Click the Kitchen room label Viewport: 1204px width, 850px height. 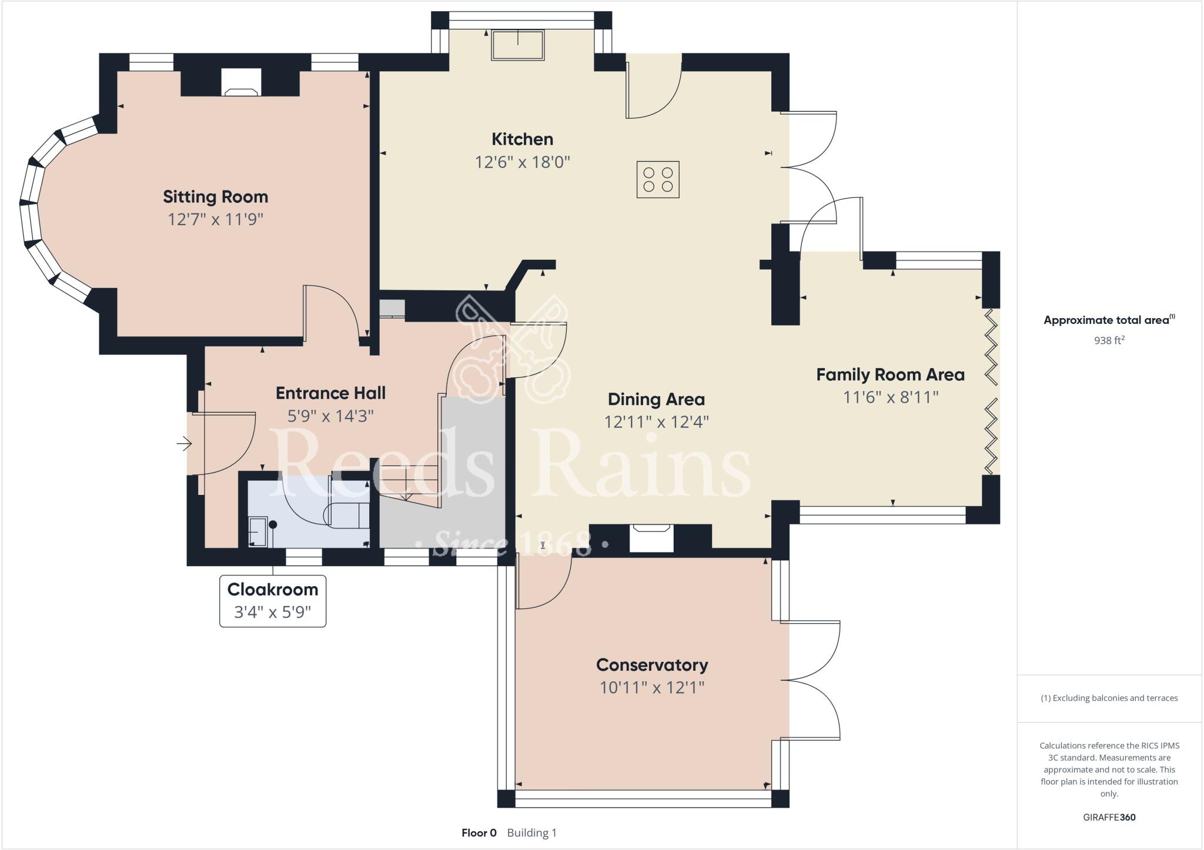click(x=522, y=139)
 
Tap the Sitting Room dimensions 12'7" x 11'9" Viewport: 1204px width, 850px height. click(x=215, y=219)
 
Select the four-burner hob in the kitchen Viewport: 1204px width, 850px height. click(x=658, y=179)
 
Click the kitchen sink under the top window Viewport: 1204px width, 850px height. click(x=518, y=45)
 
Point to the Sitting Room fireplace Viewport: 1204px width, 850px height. click(x=240, y=83)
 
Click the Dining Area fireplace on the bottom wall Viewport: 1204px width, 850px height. click(x=651, y=538)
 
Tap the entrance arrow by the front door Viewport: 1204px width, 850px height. click(x=185, y=443)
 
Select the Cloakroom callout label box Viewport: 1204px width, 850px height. click(x=273, y=601)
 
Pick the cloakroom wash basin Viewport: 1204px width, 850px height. click(x=257, y=532)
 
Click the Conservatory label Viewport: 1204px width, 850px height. click(x=652, y=665)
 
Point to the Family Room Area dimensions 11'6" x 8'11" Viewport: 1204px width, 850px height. click(x=891, y=397)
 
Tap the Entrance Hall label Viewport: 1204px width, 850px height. click(x=331, y=393)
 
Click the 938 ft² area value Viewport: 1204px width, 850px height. click(x=1109, y=340)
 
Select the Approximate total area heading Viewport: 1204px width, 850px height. click(x=1109, y=320)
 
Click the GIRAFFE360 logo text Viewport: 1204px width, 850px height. click(x=1109, y=817)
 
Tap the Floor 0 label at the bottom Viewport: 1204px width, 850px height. click(x=479, y=833)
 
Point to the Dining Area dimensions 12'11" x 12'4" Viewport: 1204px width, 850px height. click(x=657, y=422)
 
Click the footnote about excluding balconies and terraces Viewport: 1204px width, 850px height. click(x=1109, y=698)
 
